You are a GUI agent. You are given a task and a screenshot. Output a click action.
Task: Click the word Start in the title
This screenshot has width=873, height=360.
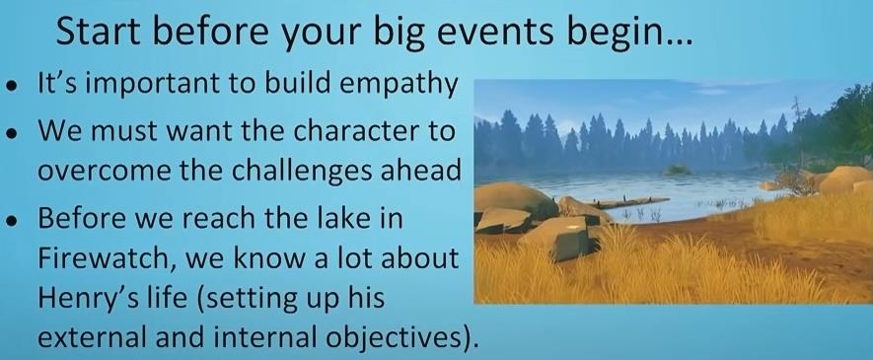(98, 34)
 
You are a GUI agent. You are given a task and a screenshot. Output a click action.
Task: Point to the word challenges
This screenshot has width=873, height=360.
(314, 172)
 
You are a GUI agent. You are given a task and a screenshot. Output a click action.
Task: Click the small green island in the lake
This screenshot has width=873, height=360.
(678, 170)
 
